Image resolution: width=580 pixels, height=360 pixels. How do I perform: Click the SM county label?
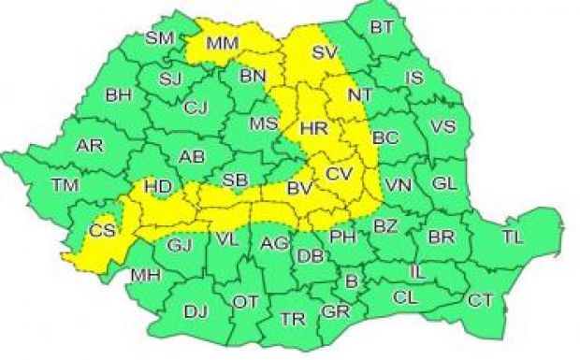tap(161, 38)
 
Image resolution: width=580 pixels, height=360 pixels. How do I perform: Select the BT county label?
tap(381, 27)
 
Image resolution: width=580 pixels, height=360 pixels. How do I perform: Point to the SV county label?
tap(324, 52)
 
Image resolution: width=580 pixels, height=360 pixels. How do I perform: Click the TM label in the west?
tap(65, 185)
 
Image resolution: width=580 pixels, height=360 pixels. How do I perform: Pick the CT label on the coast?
tap(480, 299)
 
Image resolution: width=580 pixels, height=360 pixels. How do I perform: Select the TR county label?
tap(292, 319)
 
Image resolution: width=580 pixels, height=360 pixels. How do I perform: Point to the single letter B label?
tap(351, 280)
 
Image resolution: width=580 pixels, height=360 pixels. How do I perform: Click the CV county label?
tap(340, 174)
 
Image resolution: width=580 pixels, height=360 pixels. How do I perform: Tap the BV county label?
tap(298, 190)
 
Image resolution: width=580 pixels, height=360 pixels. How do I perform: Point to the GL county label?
tap(445, 181)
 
